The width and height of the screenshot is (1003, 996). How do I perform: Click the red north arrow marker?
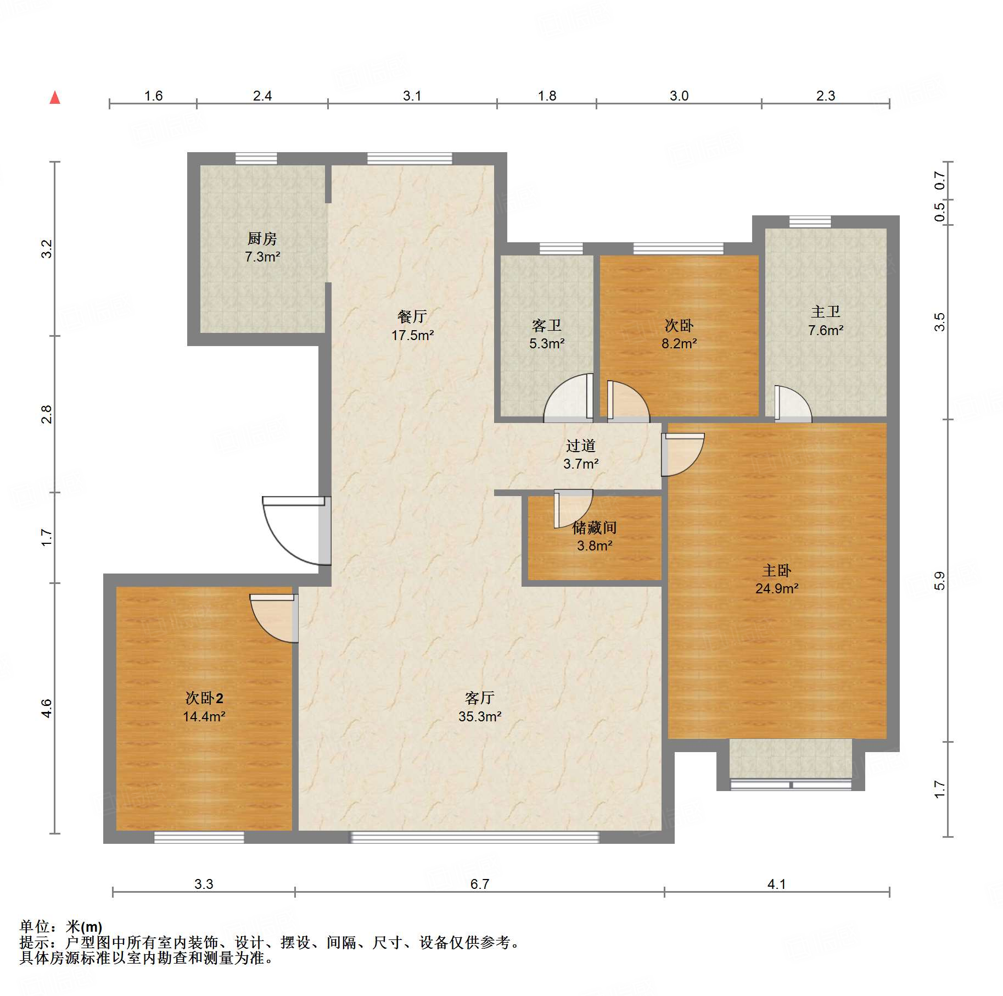[x=55, y=98]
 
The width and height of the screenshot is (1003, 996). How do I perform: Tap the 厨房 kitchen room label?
[x=262, y=239]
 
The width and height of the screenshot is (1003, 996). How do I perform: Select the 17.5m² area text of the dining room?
[x=412, y=335]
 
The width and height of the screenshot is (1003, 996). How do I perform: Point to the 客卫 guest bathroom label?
[x=547, y=326]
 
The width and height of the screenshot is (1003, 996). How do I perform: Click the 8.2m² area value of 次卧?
[x=679, y=344]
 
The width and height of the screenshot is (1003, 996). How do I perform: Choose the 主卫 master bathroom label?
[x=826, y=312]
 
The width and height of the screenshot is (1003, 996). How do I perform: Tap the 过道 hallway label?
[x=581, y=446]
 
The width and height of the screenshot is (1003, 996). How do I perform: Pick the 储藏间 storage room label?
[x=595, y=528]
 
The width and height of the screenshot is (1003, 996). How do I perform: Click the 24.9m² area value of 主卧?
[x=777, y=589]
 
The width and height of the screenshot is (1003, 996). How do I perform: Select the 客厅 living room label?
[x=480, y=698]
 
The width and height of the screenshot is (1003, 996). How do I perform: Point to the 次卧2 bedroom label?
[x=204, y=698]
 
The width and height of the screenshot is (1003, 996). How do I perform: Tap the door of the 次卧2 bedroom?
[x=273, y=618]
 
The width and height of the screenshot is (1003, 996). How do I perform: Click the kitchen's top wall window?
[x=256, y=159]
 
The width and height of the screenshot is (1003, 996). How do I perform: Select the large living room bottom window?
[x=475, y=837]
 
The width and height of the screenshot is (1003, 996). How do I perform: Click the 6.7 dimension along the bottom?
[x=480, y=884]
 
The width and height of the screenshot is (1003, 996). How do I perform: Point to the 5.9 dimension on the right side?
[x=940, y=581]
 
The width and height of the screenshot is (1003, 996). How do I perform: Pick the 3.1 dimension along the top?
[x=412, y=96]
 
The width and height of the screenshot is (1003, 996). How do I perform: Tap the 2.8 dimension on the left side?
[x=47, y=414]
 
